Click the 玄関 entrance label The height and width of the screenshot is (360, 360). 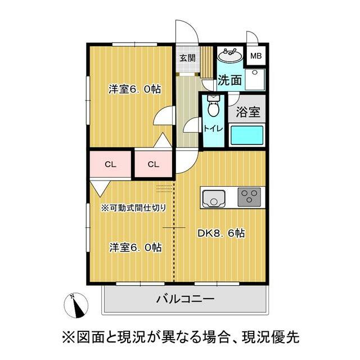(x=187, y=57)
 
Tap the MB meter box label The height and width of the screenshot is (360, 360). (x=256, y=56)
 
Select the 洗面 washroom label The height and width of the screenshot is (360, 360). (x=230, y=80)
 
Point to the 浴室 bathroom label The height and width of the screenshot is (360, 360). (x=248, y=111)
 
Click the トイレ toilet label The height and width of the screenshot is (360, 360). (x=213, y=128)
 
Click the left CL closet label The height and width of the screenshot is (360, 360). (x=110, y=164)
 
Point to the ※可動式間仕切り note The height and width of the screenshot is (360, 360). (x=133, y=208)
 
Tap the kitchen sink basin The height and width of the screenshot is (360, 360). (x=213, y=199)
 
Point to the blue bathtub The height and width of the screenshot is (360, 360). (x=246, y=135)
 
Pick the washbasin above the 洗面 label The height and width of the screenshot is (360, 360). (x=229, y=56)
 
